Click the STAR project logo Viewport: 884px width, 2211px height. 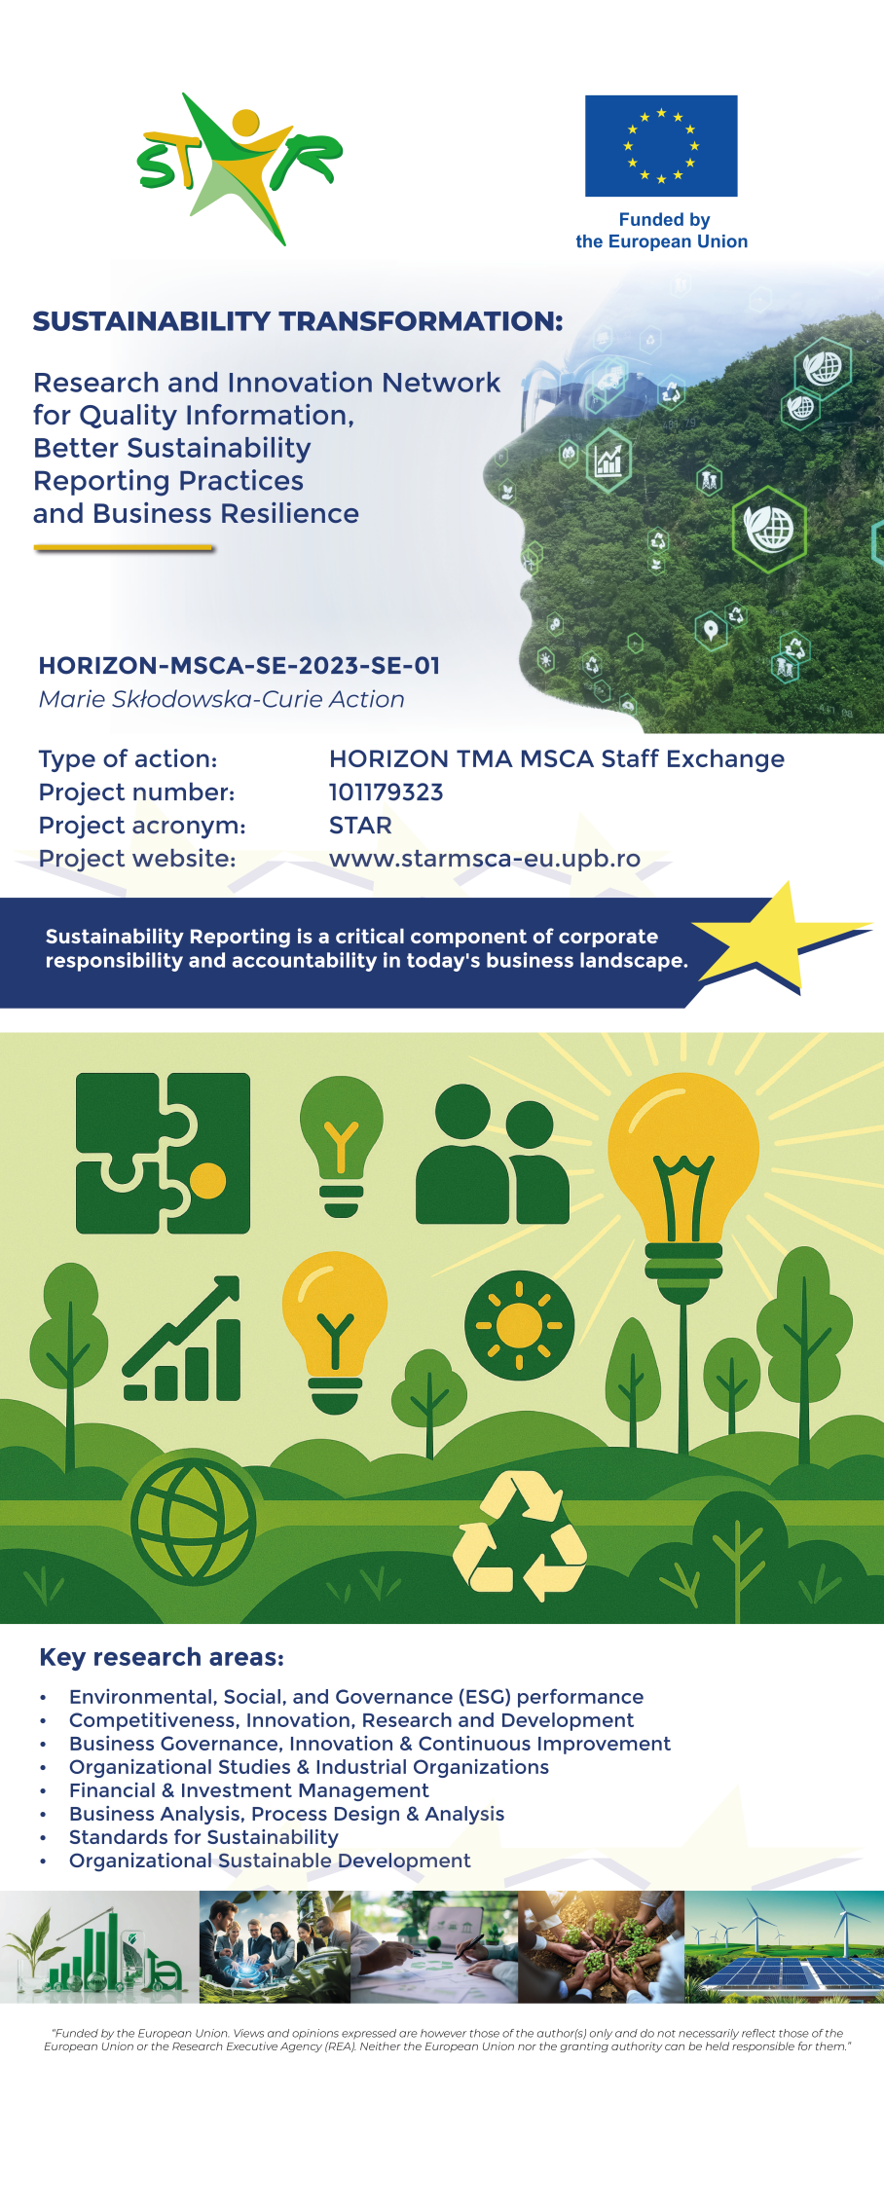click(x=239, y=167)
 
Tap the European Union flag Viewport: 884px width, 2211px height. click(x=661, y=146)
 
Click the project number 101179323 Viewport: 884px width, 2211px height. click(x=387, y=792)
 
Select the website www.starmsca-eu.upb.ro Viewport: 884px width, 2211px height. click(x=485, y=859)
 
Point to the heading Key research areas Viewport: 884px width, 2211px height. click(x=162, y=1657)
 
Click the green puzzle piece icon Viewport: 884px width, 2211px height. click(x=164, y=1154)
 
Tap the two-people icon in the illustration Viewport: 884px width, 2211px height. click(x=493, y=1155)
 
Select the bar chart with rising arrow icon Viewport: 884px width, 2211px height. click(x=183, y=1339)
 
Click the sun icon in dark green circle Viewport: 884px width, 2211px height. click(x=519, y=1325)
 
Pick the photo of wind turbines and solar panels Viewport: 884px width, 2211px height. click(x=785, y=1947)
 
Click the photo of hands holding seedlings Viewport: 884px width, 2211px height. click(x=602, y=1947)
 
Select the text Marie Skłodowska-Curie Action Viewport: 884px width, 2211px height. click(x=222, y=699)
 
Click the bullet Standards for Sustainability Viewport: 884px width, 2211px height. click(x=203, y=1837)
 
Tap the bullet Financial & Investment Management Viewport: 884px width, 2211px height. click(x=248, y=1790)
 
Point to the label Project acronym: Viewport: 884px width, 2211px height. click(x=142, y=826)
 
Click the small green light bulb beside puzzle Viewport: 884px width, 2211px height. click(x=341, y=1146)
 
